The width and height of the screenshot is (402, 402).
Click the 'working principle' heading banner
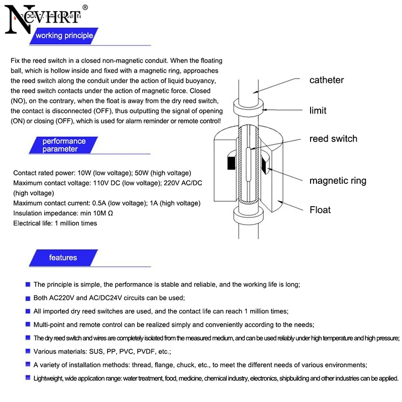[x=64, y=36]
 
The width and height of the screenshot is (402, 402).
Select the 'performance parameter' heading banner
[x=64, y=145]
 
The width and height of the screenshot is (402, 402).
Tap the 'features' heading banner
[x=63, y=258]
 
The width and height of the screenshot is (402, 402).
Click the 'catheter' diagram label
[x=326, y=80]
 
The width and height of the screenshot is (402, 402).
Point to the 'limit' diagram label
[x=318, y=110]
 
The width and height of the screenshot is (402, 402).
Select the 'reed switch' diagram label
[x=333, y=139]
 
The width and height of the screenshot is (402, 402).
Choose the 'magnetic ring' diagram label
[x=338, y=181]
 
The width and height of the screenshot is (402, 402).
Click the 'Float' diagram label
[x=320, y=210]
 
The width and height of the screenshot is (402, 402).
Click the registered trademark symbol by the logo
[x=84, y=8]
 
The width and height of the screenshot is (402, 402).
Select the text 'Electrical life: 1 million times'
[x=55, y=223]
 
